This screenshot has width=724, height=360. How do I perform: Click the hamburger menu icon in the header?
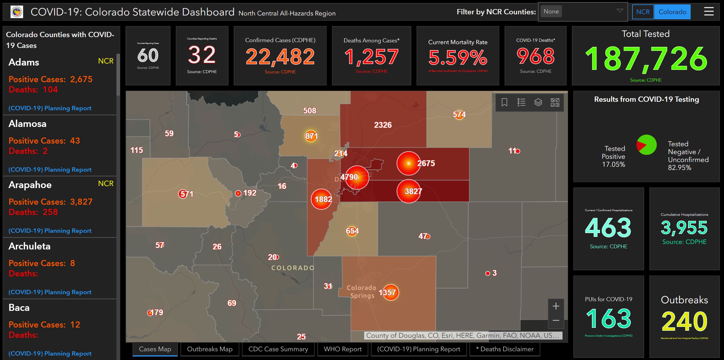point(708,12)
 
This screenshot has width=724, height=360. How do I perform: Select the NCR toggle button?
point(643,12)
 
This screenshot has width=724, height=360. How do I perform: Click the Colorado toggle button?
point(672,12)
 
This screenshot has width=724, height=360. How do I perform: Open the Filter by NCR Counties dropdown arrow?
point(620,11)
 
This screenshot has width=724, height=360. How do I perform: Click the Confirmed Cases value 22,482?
point(280,56)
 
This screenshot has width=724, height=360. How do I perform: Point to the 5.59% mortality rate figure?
point(458,57)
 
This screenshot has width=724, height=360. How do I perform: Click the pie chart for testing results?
point(646,145)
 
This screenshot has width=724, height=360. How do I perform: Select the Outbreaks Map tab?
point(210,349)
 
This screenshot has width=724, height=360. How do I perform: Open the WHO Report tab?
point(343,349)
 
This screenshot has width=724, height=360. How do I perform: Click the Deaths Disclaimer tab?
point(505,349)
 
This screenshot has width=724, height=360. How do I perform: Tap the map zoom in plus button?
point(556,306)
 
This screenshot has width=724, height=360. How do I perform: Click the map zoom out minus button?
point(556,321)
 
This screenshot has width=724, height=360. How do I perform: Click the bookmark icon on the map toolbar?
point(504,102)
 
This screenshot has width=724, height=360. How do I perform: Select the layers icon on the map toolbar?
point(538,102)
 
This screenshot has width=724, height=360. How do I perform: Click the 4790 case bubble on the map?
point(357,177)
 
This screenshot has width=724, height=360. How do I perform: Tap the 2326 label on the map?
point(383,125)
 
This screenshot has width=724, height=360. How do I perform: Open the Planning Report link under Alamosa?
point(50,170)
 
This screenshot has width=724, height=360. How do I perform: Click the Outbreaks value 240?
point(684,321)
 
